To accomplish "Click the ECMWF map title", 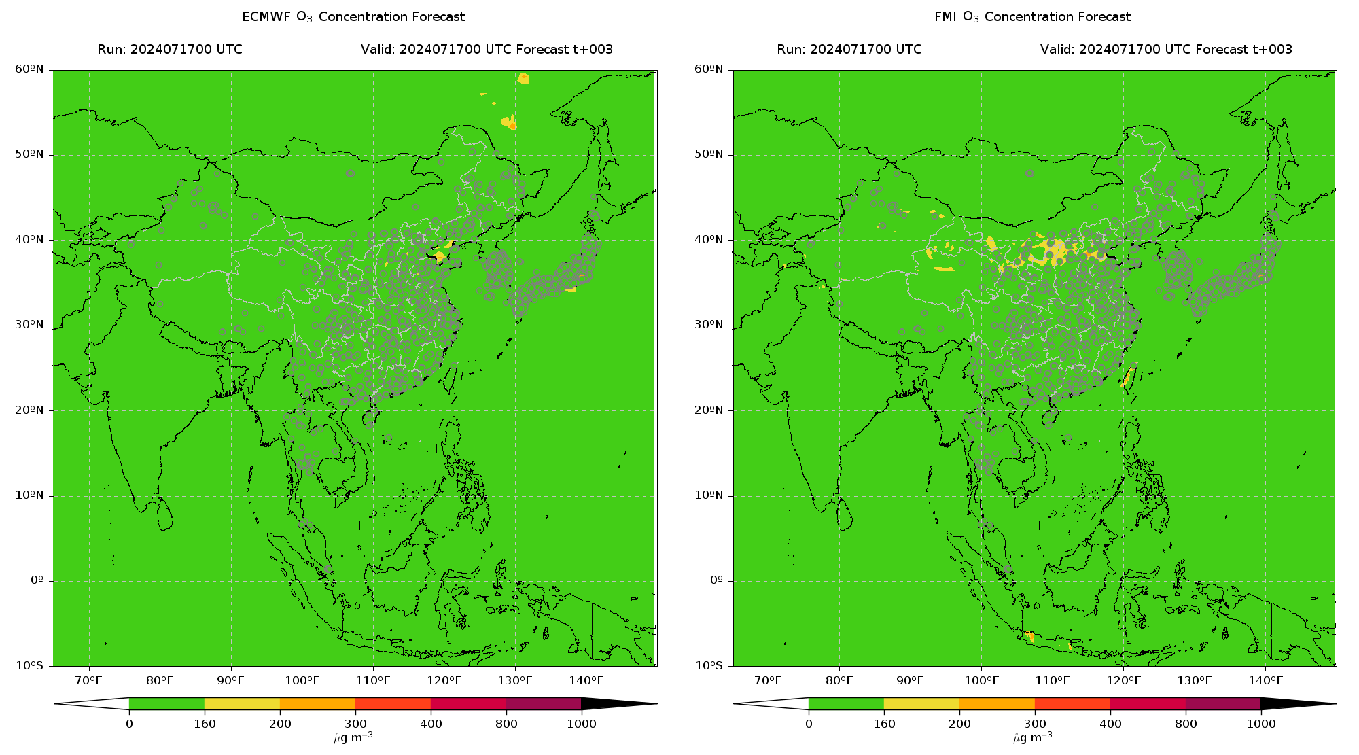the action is tap(353, 17).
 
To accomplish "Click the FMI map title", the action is tap(1032, 17).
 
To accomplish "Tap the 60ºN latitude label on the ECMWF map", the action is tap(29, 69).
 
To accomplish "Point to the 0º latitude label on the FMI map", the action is tap(716, 580).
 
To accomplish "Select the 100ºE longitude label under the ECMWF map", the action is tap(302, 680).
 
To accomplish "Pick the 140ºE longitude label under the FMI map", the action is tap(1265, 680).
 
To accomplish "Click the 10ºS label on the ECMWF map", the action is tap(29, 666).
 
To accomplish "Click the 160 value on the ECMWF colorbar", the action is tap(205, 724).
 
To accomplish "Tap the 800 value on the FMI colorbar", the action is tap(1186, 724).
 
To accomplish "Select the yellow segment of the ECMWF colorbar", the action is tap(242, 703).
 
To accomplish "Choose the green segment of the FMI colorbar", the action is tap(846, 703).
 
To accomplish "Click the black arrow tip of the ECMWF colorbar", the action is tap(656, 704).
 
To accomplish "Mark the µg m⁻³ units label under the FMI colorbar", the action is tap(1032, 737).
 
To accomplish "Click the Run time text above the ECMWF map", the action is tap(170, 50).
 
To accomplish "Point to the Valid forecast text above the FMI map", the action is tap(1166, 50).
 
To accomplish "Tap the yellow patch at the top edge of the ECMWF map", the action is tap(523, 78).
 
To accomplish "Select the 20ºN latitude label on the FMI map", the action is tap(709, 410).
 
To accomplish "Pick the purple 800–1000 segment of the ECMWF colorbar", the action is tap(544, 703).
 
